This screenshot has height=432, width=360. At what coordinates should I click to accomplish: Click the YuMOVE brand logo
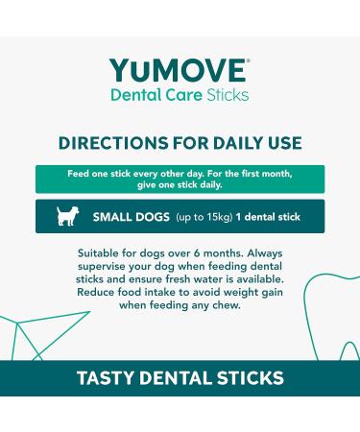click(179, 71)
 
